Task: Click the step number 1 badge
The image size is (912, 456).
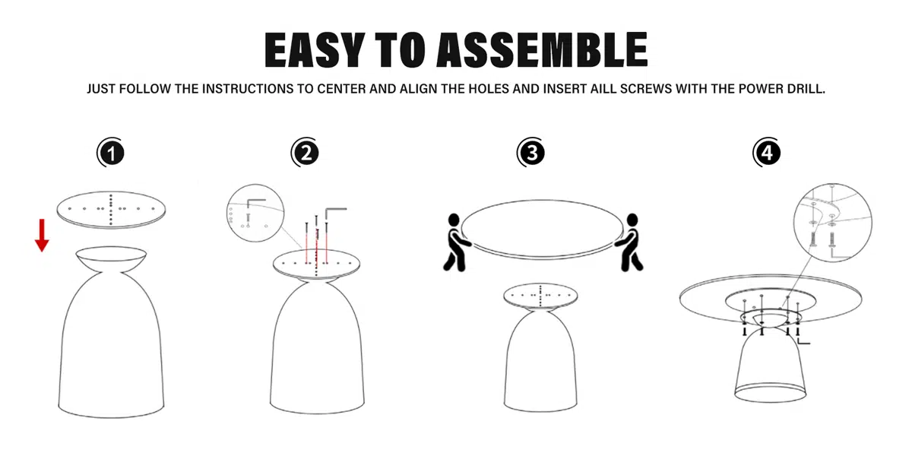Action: coord(111,153)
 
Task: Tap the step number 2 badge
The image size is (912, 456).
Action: coord(306,153)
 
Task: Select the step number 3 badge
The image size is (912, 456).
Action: coord(531,153)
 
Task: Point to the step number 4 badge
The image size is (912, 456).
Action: coord(767,153)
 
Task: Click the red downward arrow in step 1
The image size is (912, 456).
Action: coord(42,236)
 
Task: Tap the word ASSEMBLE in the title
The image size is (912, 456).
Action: coord(542,49)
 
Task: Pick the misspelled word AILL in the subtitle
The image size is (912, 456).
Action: coord(605,89)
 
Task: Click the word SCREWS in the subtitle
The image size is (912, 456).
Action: coord(646,89)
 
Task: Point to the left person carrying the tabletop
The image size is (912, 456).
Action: coord(457,242)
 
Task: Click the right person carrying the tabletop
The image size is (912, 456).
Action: coord(629,242)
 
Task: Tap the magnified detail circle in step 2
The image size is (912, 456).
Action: coord(255,213)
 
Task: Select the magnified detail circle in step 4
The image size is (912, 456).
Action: coord(833,222)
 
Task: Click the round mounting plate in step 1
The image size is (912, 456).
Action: coord(111,210)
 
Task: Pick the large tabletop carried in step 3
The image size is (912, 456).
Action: coord(542,229)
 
